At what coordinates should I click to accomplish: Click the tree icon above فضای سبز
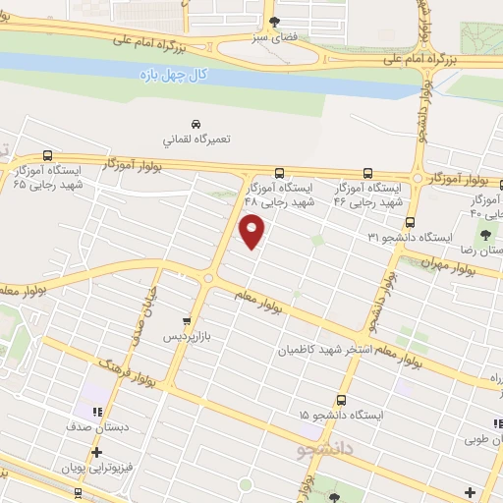coord(274,22)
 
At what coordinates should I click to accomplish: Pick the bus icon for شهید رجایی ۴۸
coord(280,171)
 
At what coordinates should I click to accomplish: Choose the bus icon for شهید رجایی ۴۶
coord(367,171)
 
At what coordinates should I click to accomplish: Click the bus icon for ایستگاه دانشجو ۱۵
coord(341,400)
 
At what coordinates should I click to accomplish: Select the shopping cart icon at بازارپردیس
coord(186,320)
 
